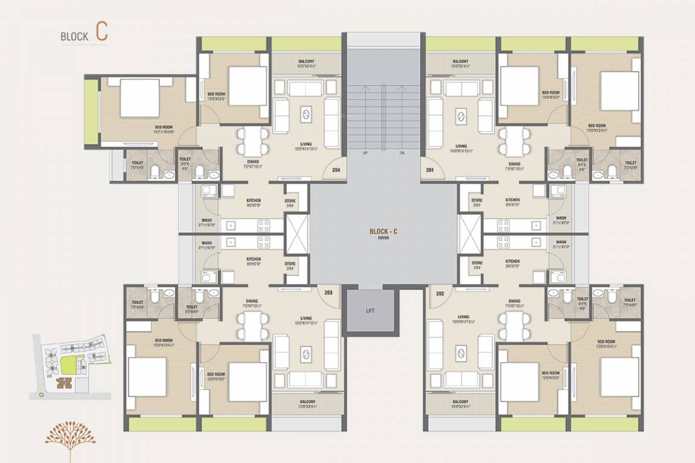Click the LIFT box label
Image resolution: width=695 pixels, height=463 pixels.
[x=370, y=310]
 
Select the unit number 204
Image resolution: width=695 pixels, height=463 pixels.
[x=336, y=170]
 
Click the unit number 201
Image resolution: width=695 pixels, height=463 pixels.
[x=430, y=170]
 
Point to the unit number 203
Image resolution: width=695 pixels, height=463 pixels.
[x=328, y=292]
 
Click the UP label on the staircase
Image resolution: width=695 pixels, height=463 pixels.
[x=364, y=153]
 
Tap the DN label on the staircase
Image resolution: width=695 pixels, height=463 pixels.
[x=402, y=153]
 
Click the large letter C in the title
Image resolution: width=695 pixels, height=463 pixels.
[x=101, y=33]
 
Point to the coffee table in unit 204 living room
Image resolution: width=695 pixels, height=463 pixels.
[x=306, y=114]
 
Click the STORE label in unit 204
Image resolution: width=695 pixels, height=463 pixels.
[x=290, y=203]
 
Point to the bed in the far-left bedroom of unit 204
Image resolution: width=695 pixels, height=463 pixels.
[x=139, y=97]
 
